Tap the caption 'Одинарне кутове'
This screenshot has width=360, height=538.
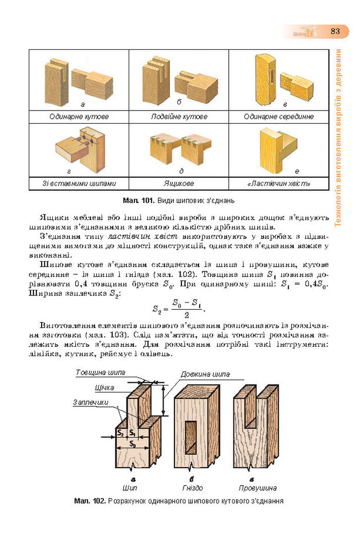79,117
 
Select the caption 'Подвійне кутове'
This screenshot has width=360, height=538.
179,117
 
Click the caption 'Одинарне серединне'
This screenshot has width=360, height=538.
279,117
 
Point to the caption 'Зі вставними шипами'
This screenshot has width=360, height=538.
79,183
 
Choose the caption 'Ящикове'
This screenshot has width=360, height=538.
179,183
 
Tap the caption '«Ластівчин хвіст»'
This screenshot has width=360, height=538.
279,183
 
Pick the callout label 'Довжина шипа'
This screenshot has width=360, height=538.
205,374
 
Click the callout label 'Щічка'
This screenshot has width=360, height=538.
104,387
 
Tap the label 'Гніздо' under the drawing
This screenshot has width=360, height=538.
192,488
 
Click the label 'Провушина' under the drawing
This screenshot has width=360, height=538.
258,488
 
